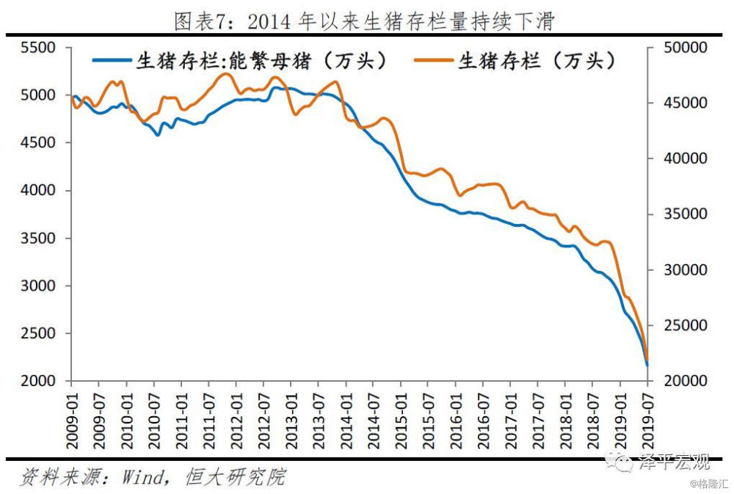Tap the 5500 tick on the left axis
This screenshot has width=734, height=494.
click(38, 48)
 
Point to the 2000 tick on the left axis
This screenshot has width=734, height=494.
click(38, 381)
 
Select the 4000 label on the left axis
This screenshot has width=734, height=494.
click(38, 190)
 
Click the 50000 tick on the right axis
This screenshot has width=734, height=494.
click(686, 48)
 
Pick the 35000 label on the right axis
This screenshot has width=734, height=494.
click(686, 214)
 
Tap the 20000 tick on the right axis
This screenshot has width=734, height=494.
click(686, 381)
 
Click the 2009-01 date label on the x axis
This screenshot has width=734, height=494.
click(72, 421)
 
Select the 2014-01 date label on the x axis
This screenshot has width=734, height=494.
click(346, 421)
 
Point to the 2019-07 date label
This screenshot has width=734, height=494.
click(648, 421)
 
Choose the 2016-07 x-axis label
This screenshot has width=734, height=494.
click(484, 421)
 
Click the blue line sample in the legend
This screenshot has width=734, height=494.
click(112, 60)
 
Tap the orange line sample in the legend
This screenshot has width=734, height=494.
click(434, 60)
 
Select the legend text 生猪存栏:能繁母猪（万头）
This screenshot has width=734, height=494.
click(261, 61)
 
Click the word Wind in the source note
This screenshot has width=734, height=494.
click(144, 477)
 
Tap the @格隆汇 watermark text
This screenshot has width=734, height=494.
click(709, 484)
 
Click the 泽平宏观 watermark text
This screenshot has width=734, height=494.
click(674, 462)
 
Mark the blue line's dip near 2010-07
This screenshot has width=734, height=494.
click(158, 135)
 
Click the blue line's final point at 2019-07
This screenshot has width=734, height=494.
click(647, 365)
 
